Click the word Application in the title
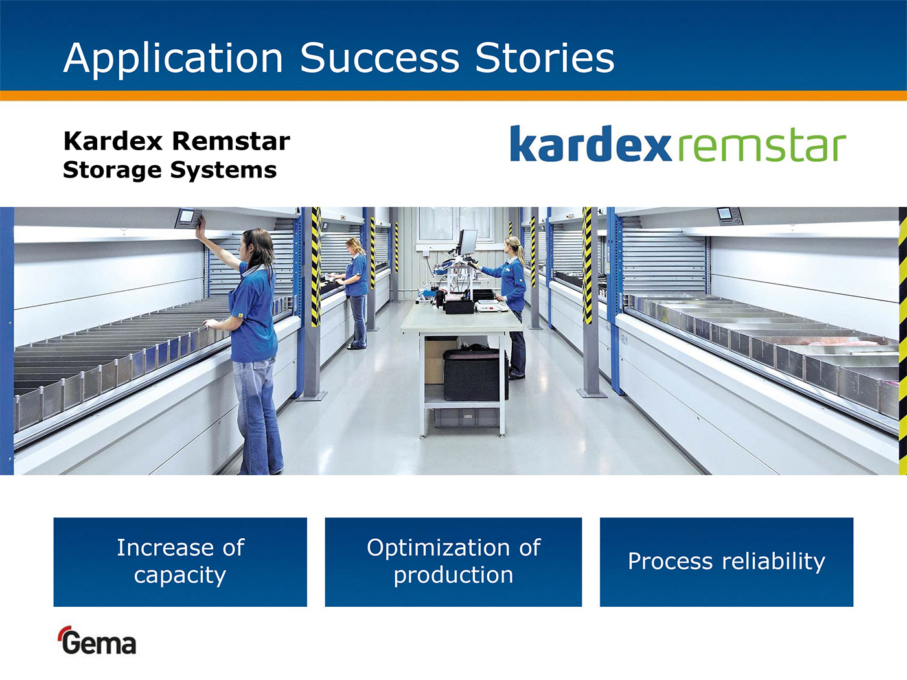[173, 59]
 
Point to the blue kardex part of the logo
[591, 143]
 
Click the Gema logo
[97, 640]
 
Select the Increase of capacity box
[180, 562]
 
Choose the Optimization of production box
[454, 562]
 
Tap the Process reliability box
[726, 562]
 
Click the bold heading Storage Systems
[170, 170]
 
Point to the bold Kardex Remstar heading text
[177, 141]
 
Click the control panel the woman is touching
[188, 218]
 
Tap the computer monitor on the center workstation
[468, 242]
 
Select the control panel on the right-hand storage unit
[729, 216]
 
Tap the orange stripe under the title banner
[454, 96]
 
